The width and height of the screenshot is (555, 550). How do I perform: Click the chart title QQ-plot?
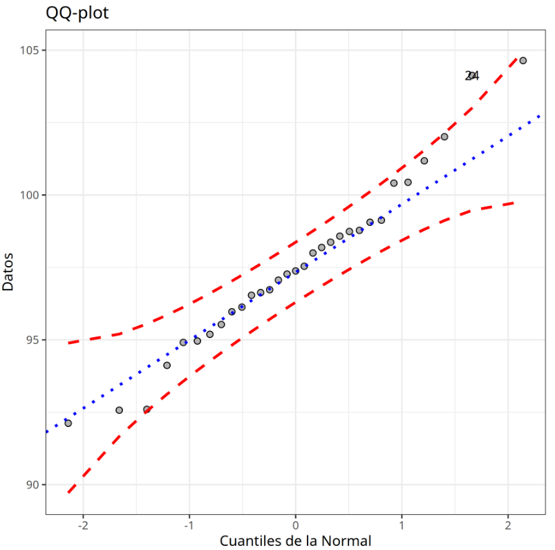pos(77,12)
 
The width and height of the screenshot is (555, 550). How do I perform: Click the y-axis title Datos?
pos(9,271)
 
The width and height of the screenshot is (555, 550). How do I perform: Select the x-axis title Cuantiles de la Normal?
pos(295,540)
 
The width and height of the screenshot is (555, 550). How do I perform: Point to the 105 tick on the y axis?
pos(32,50)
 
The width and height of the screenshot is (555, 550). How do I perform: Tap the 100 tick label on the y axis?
pos(32,196)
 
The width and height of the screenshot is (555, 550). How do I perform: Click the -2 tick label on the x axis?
pos(83,523)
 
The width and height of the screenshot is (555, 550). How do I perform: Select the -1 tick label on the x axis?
pos(189,523)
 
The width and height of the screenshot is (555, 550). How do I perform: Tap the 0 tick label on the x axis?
pos(296,523)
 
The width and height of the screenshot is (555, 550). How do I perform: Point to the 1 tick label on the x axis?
pos(402,523)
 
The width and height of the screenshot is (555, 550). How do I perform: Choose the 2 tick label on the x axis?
pos(508,523)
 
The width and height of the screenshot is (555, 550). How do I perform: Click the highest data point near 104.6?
pos(523,61)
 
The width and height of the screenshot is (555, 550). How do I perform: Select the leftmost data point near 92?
pos(68,423)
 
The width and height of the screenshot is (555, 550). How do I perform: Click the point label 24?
pos(472,76)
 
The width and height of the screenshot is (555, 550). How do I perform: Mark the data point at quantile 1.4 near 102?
pos(444,137)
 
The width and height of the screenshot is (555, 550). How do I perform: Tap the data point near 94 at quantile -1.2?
pos(167,365)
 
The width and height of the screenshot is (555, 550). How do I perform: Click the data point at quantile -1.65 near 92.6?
pos(119,410)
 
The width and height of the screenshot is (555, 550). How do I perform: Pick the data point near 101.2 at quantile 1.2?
pos(424,161)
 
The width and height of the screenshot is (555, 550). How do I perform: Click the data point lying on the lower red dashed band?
pos(147,410)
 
